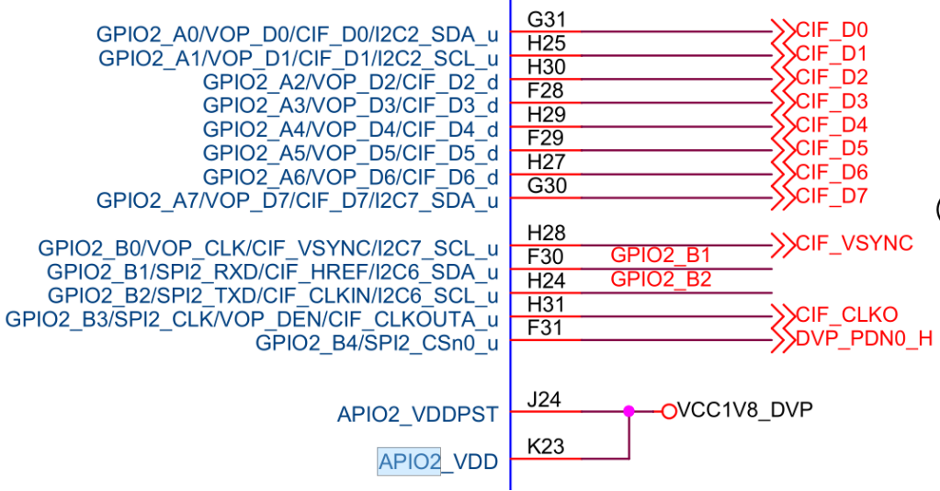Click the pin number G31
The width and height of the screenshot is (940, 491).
[x=546, y=19]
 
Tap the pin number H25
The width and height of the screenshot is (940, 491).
[x=546, y=43]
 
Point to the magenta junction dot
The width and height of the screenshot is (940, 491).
[x=629, y=411]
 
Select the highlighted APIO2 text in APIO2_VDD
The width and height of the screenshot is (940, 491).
[x=409, y=461]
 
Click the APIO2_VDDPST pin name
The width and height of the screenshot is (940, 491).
[x=417, y=415]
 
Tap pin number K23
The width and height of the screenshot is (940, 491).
[x=546, y=448]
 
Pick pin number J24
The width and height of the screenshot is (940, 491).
[x=545, y=400]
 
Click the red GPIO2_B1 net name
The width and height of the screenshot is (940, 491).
[x=661, y=256]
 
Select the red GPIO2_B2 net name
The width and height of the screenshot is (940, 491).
[x=661, y=280]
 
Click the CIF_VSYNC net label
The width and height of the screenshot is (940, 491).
[x=854, y=244]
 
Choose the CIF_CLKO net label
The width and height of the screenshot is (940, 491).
[x=846, y=315]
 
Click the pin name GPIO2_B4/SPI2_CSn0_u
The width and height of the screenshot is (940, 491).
[x=377, y=344]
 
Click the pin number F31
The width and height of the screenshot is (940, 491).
[x=546, y=328]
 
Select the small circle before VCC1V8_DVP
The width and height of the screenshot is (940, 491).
[x=668, y=411]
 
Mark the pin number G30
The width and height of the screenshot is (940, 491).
[x=547, y=187]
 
